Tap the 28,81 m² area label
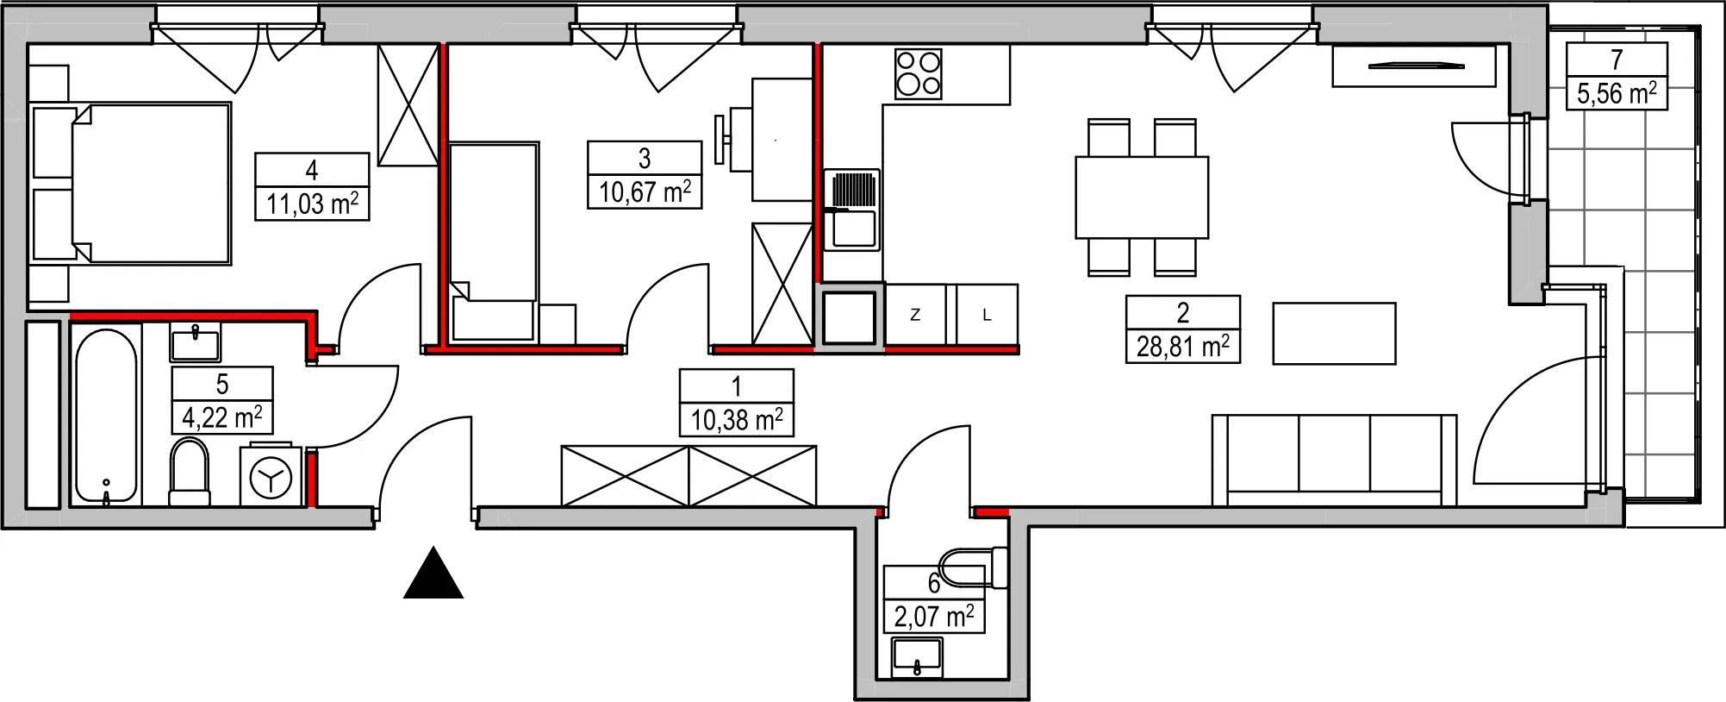point(1183,348)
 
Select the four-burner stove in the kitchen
point(918,73)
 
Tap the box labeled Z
point(916,315)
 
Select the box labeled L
point(987,315)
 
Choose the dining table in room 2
point(1142,197)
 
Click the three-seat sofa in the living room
point(1334,460)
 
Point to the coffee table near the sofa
point(1334,333)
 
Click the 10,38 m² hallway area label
point(737,420)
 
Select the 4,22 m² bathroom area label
point(222,417)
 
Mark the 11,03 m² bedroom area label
point(312,204)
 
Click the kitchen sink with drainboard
point(851,210)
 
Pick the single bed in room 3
point(494,241)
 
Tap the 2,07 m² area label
point(934,617)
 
